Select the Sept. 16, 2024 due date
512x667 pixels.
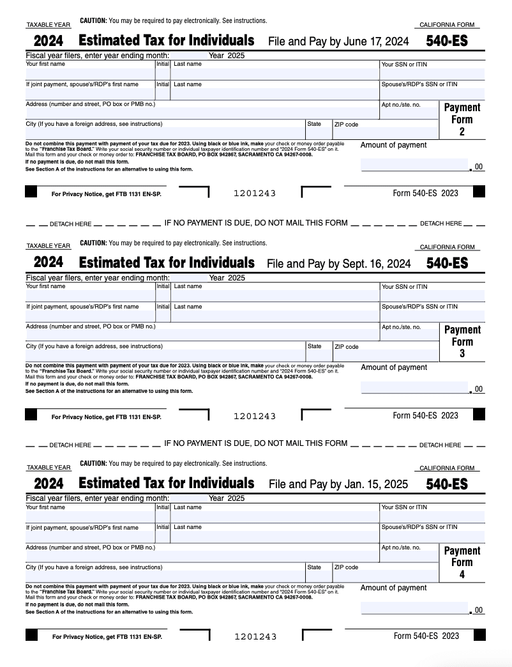point(374,263)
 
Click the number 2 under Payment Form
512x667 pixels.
point(462,132)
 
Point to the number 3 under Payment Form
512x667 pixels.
point(462,353)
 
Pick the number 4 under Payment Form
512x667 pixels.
point(462,574)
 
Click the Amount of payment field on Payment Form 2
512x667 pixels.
point(414,165)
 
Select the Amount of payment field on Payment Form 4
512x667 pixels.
point(414,608)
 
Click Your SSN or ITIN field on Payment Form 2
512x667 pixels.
point(432,74)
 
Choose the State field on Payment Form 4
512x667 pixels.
point(318,576)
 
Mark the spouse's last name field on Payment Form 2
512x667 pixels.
point(275,95)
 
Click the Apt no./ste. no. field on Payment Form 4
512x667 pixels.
point(409,556)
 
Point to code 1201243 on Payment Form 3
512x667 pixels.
point(255,416)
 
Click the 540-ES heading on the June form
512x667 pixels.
point(447,42)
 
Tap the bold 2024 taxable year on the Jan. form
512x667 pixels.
point(49,484)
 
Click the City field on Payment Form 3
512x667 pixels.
point(165,356)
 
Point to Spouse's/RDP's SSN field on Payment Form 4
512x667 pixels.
point(432,537)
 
